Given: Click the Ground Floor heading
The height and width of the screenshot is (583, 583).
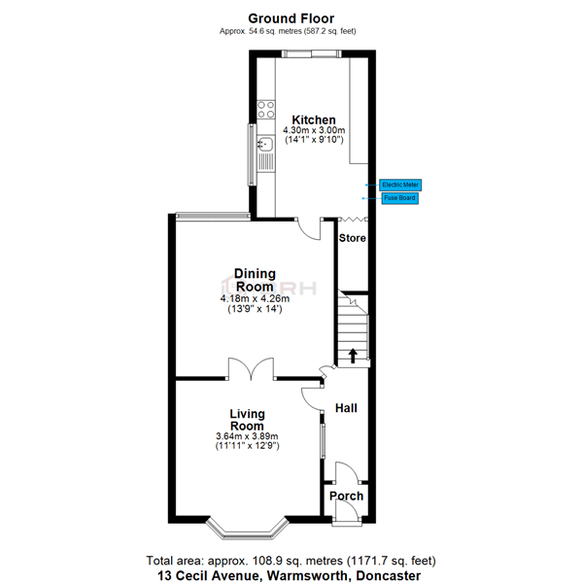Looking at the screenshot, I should coord(291,17).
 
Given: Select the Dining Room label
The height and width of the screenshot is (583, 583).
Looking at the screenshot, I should coord(255,280).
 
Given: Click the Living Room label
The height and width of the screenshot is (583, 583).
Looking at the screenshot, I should coord(247,420).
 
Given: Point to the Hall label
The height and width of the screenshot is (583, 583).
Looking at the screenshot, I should coord(345,408).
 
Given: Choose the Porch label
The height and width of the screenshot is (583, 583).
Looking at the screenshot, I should coord(346,496).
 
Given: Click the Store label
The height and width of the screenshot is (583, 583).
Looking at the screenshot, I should coord(352,238).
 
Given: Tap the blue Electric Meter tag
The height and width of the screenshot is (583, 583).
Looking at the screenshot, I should coord(400,184).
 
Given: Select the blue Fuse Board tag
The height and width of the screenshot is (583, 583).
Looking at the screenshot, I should coord(399,198).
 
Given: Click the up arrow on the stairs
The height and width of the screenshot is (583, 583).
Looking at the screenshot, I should coord(352,355).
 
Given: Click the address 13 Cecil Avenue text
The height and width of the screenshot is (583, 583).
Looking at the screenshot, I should coord(291,575).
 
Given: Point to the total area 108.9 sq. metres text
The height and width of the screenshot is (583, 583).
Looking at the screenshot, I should coord(291,561).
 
